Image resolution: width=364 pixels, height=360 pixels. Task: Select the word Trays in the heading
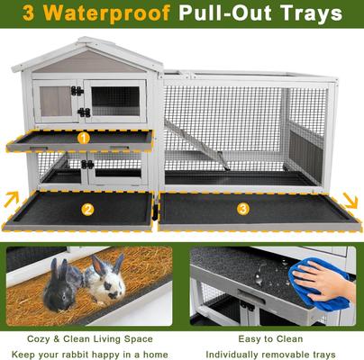[x=307, y=14]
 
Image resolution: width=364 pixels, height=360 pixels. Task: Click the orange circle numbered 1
[x=83, y=139]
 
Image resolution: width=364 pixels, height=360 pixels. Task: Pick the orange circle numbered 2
[x=87, y=210]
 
